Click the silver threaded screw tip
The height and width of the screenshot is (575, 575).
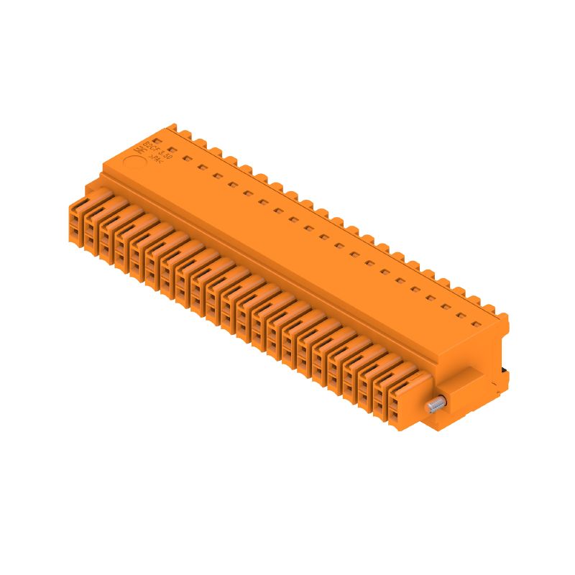[x=433, y=406]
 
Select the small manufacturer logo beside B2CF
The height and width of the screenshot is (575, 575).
[x=139, y=149]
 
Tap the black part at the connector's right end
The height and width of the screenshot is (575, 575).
[x=505, y=372]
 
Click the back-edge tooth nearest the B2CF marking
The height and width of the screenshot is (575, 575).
[x=172, y=129]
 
